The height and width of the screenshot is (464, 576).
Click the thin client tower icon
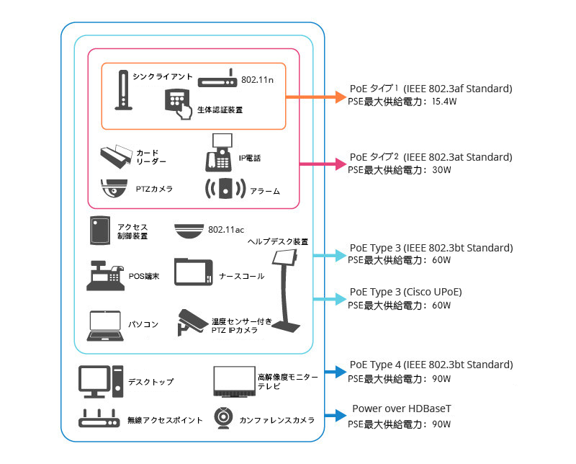click(x=123, y=90)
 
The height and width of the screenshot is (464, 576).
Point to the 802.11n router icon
click(x=217, y=80)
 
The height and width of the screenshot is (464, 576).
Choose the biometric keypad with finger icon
click(x=178, y=102)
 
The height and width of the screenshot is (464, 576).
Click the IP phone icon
click(x=222, y=151)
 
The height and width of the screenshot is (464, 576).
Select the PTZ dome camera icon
click(x=114, y=188)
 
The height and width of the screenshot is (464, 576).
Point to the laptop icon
click(x=104, y=326)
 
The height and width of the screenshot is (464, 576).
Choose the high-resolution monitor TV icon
click(x=233, y=381)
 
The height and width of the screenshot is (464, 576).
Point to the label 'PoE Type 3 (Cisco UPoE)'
click(x=405, y=292)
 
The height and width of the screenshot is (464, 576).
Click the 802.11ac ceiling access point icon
click(x=189, y=230)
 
